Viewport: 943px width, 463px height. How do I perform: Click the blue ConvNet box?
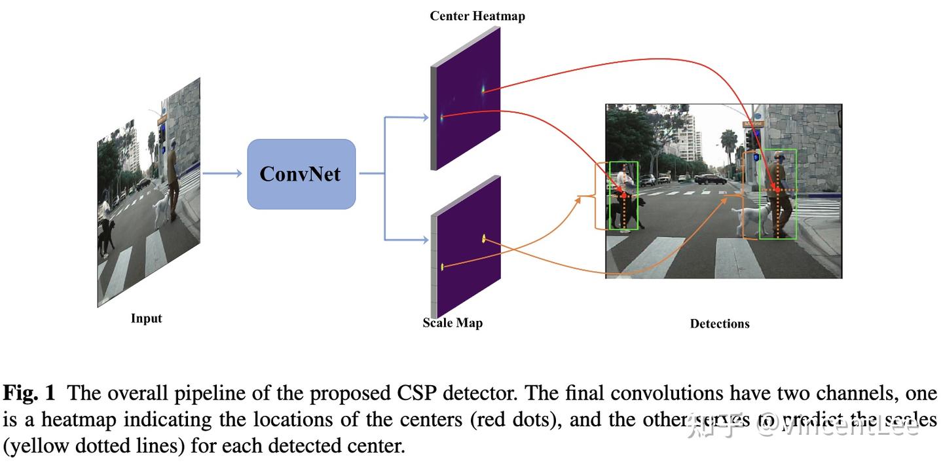point(301,174)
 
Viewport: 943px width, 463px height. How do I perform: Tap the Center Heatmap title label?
point(477,16)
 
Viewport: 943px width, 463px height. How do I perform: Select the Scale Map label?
point(453,323)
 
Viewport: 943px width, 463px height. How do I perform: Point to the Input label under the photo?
point(146,319)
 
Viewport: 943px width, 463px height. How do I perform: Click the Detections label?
point(719,324)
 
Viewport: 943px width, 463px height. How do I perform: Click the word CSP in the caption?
point(417,393)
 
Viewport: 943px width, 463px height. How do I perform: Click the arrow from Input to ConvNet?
point(223,174)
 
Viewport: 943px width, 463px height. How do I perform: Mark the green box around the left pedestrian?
point(623,196)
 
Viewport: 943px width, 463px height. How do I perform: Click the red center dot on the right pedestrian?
point(777,191)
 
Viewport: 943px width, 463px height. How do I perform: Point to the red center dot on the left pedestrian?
point(623,196)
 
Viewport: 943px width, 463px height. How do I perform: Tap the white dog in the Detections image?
point(747,218)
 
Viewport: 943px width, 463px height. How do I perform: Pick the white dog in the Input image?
point(160,210)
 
